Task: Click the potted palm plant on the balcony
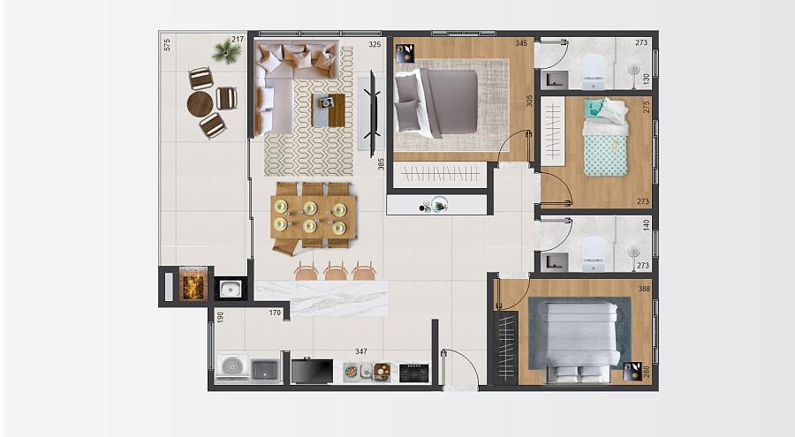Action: [x=226, y=52]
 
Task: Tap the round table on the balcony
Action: [x=201, y=104]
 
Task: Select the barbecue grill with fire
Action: [x=193, y=285]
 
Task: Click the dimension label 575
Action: [x=167, y=44]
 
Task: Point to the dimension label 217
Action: [x=238, y=39]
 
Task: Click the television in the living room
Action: [x=373, y=113]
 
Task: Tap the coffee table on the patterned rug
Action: [x=328, y=110]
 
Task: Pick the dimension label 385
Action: [x=381, y=163]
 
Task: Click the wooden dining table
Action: [x=314, y=217]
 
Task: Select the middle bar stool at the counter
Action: [x=336, y=271]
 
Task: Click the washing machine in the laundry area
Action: [x=232, y=366]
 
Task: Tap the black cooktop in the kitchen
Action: [x=414, y=373]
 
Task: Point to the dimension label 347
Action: [x=361, y=351]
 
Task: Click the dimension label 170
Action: [x=275, y=313]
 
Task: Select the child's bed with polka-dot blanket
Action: [x=604, y=138]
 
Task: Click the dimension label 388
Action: [x=644, y=289]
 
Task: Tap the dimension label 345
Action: [x=521, y=43]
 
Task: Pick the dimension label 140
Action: [x=647, y=224]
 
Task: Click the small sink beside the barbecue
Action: [x=230, y=289]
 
